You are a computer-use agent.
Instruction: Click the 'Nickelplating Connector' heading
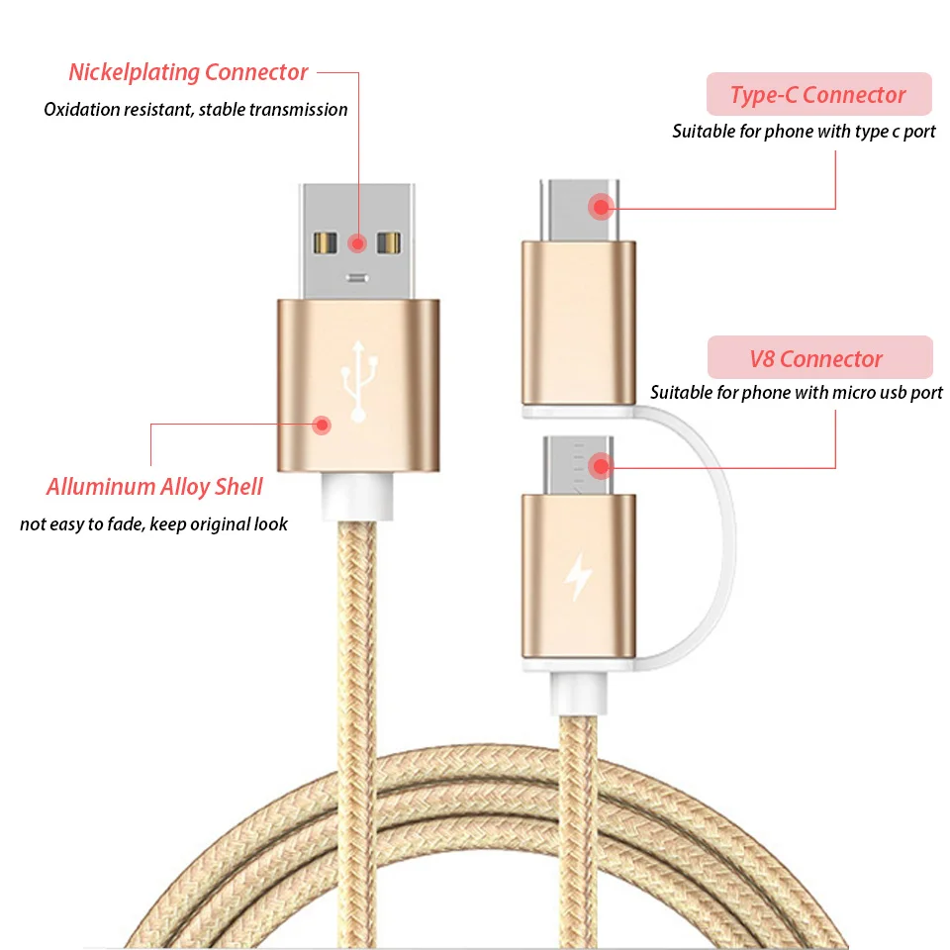[188, 72]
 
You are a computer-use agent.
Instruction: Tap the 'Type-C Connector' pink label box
[818, 95]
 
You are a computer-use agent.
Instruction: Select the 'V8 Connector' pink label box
[818, 358]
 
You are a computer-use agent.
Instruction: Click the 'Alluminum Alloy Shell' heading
[154, 487]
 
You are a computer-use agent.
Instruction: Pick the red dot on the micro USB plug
[600, 465]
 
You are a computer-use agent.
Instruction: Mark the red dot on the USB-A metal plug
[358, 241]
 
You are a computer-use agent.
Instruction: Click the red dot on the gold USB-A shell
[322, 426]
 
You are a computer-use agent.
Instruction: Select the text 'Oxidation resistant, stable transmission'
[196, 110]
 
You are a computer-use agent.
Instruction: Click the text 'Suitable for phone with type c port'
[804, 132]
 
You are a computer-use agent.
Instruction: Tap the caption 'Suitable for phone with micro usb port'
[796, 393]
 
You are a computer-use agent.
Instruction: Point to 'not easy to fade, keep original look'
[153, 524]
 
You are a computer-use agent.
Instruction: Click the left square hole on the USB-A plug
[325, 241]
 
